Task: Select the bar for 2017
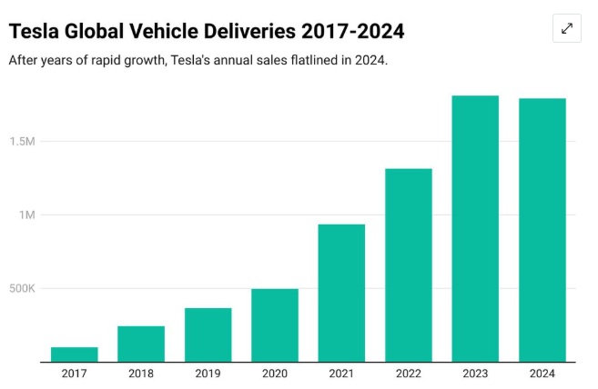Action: pyautogui.click(x=74, y=354)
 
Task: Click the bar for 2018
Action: pyautogui.click(x=141, y=344)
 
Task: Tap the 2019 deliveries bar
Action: pyautogui.click(x=208, y=334)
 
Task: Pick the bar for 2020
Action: pyautogui.click(x=275, y=324)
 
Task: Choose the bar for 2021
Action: pyautogui.click(x=341, y=293)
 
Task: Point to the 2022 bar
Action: pyautogui.click(x=409, y=264)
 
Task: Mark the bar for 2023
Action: pyautogui.click(x=475, y=228)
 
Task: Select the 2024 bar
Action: pyautogui.click(x=542, y=230)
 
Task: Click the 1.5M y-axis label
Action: pyautogui.click(x=23, y=142)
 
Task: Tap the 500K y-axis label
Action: pyautogui.click(x=22, y=289)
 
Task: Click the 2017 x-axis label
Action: pyautogui.click(x=74, y=374)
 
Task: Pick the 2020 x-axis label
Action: pyautogui.click(x=275, y=374)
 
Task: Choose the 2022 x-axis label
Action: pyautogui.click(x=409, y=374)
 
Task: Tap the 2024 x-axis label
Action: pyautogui.click(x=542, y=374)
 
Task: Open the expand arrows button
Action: pyautogui.click(x=566, y=28)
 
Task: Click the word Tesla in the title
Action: pyautogui.click(x=34, y=32)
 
